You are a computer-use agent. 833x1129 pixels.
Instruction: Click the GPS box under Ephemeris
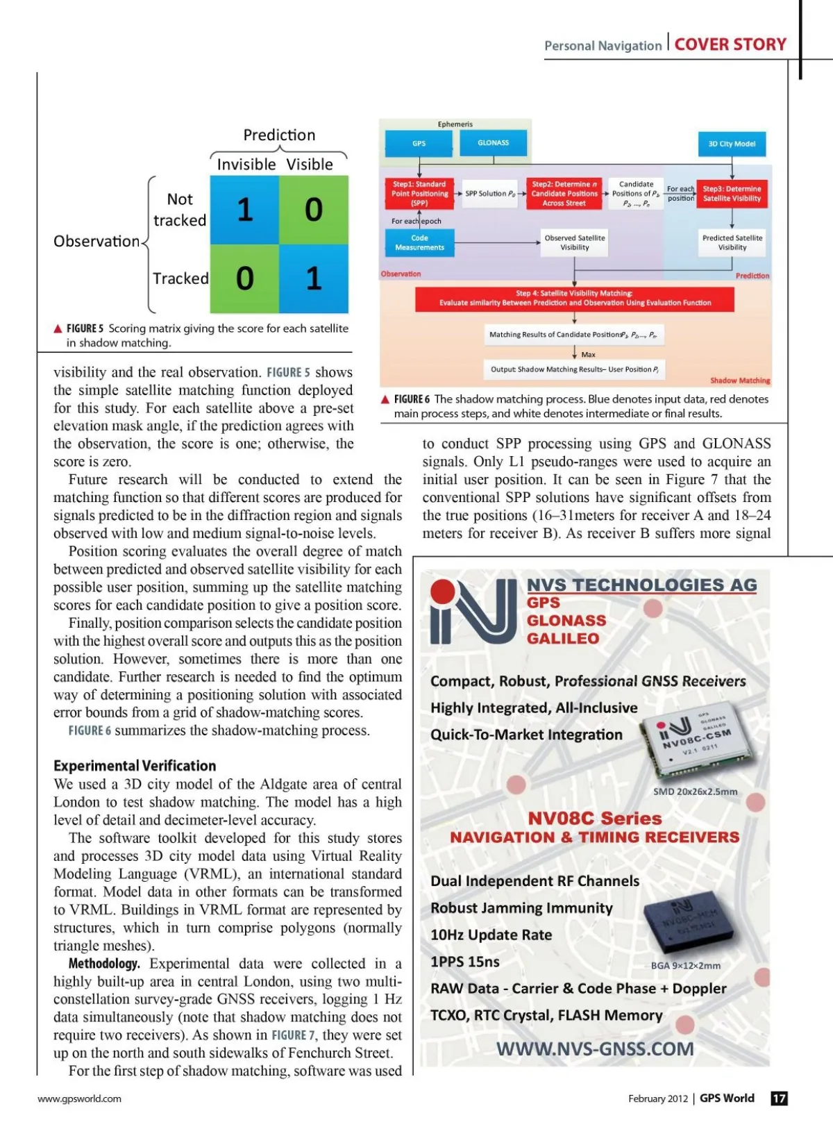pyautogui.click(x=419, y=144)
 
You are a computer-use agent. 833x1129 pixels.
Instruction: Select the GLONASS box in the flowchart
pyautogui.click(x=493, y=143)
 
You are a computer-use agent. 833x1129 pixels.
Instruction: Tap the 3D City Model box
pyautogui.click(x=732, y=144)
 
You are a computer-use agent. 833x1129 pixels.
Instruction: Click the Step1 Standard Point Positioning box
pyautogui.click(x=419, y=194)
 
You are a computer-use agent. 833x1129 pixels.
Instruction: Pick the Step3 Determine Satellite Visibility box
pyautogui.click(x=732, y=194)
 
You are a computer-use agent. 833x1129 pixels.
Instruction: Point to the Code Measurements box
pyautogui.click(x=419, y=243)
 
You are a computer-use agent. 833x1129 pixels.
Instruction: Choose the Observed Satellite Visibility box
pyautogui.click(x=574, y=243)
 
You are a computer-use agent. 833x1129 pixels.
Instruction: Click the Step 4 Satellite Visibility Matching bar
pyautogui.click(x=574, y=299)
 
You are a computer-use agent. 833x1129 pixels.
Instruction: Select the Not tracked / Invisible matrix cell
pyautogui.click(x=244, y=210)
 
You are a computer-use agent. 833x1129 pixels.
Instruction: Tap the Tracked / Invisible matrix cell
pyautogui.click(x=244, y=278)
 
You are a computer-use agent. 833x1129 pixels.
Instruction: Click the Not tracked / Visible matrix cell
pyautogui.click(x=314, y=210)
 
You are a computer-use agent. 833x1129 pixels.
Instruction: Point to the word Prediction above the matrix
pyautogui.click(x=279, y=135)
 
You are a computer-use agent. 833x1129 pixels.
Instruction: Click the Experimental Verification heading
pyautogui.click(x=135, y=766)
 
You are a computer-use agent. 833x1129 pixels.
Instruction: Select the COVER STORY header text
pyautogui.click(x=730, y=45)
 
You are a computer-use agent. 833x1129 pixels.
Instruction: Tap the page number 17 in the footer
pyautogui.click(x=779, y=1098)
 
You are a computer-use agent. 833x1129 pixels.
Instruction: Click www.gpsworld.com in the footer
pyautogui.click(x=79, y=1098)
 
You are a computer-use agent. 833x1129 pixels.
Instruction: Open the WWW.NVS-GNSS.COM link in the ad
pyautogui.click(x=595, y=1049)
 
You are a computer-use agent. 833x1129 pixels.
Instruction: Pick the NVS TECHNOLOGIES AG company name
pyautogui.click(x=641, y=585)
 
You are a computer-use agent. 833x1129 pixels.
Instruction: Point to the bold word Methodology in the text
pyautogui.click(x=104, y=964)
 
